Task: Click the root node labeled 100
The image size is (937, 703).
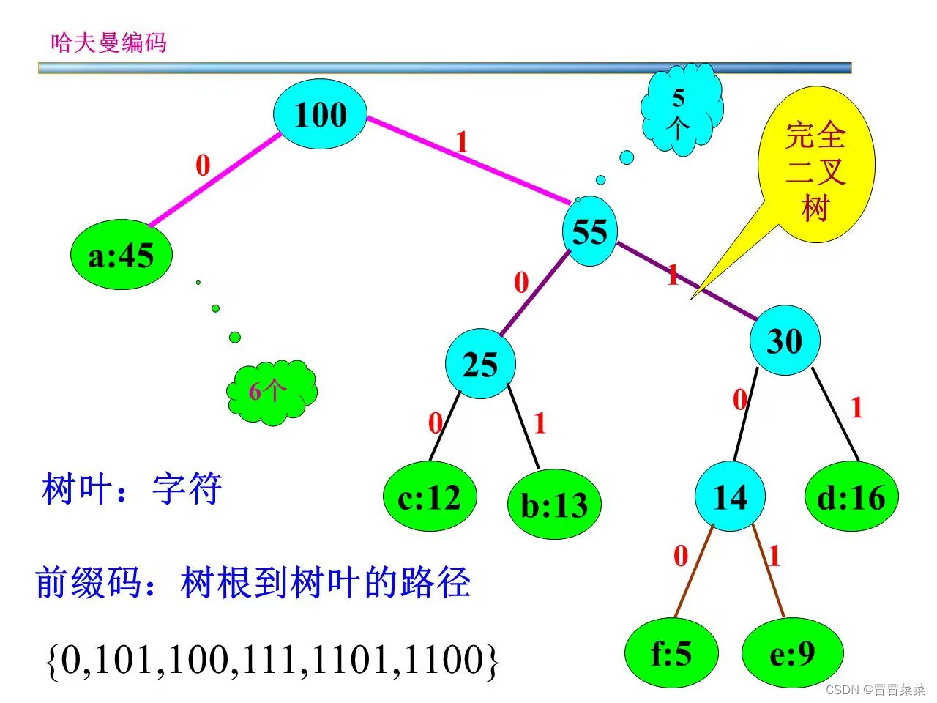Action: pyautogui.click(x=320, y=115)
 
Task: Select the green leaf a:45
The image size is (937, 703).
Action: pyautogui.click(x=121, y=255)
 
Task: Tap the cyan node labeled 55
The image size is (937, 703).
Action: pyautogui.click(x=590, y=231)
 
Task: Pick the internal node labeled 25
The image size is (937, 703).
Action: pyautogui.click(x=480, y=364)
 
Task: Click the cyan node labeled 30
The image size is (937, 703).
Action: pyautogui.click(x=785, y=341)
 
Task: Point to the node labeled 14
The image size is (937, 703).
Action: pyautogui.click(x=730, y=497)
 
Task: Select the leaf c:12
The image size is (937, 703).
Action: pyautogui.click(x=430, y=498)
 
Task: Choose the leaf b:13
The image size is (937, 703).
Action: pyautogui.click(x=554, y=505)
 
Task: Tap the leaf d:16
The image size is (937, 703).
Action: pyautogui.click(x=851, y=497)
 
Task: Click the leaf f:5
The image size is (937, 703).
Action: pyautogui.click(x=671, y=652)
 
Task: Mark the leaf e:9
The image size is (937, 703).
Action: pyautogui.click(x=792, y=652)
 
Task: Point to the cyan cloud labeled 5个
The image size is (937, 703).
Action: pyautogui.click(x=681, y=110)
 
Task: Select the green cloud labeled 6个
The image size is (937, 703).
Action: pyautogui.click(x=271, y=391)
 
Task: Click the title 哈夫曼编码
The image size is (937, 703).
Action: pyautogui.click(x=108, y=42)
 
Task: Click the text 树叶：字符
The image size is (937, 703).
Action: pyautogui.click(x=132, y=488)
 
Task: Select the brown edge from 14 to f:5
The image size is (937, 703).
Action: pyautogui.click(x=694, y=571)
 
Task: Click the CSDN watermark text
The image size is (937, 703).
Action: pyautogui.click(x=875, y=689)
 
